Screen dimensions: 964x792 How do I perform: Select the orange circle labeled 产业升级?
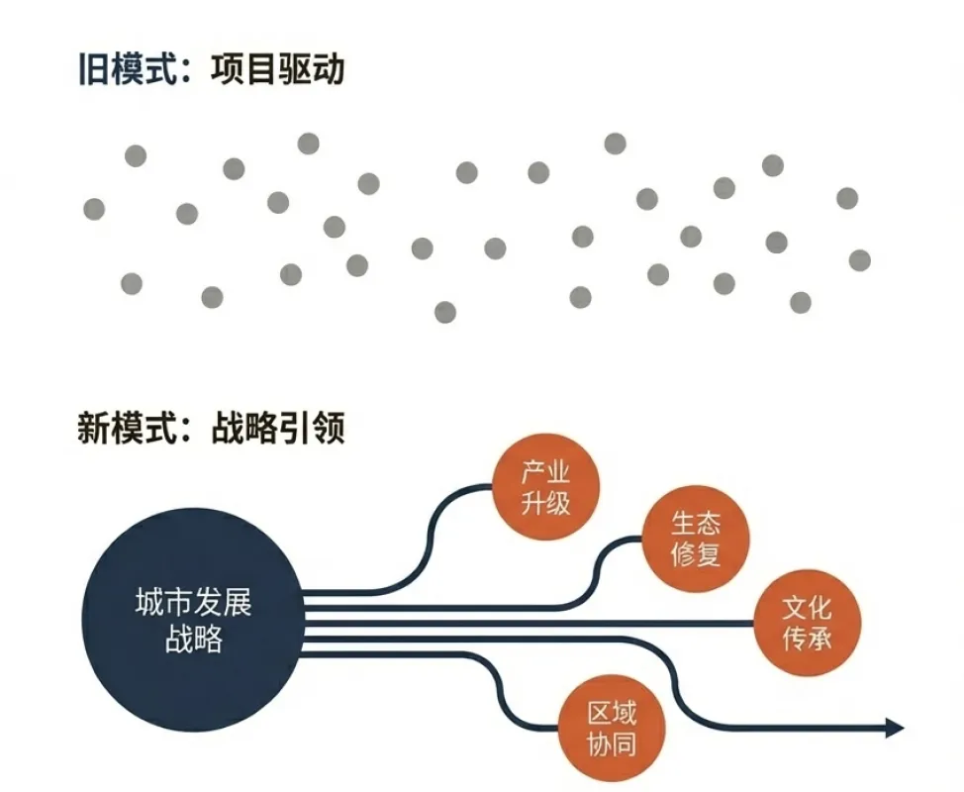[x=545, y=487]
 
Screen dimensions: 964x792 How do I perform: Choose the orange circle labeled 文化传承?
[x=807, y=624]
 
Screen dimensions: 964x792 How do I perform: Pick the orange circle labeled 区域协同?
[x=612, y=730]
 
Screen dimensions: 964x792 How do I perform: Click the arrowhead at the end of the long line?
[x=895, y=729]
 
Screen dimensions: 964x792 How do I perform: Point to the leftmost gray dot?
[x=94, y=209]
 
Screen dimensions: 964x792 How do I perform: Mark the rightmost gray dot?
[x=859, y=260]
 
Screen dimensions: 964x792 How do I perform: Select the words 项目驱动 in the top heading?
[x=278, y=71]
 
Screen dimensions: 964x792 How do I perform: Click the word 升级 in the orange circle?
[x=545, y=502]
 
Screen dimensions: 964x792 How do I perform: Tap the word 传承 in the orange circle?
[x=807, y=640]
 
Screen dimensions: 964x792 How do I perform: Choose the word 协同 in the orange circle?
[x=612, y=745]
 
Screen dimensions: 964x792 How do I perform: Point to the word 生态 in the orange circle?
[x=696, y=523]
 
